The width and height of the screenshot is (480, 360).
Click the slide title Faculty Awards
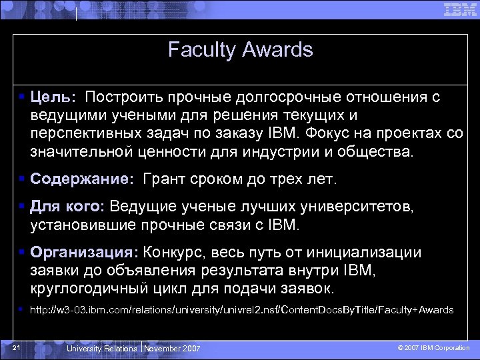coord(240,50)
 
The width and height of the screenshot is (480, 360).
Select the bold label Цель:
coord(53,97)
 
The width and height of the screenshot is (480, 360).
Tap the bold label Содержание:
coord(82,179)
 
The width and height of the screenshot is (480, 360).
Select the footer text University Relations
coord(102,349)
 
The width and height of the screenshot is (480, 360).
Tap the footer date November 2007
coord(172,349)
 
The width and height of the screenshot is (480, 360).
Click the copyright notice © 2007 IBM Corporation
coord(433,348)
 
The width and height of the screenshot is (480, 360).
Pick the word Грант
coord(164,179)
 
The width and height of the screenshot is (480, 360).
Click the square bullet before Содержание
coord(23,179)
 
